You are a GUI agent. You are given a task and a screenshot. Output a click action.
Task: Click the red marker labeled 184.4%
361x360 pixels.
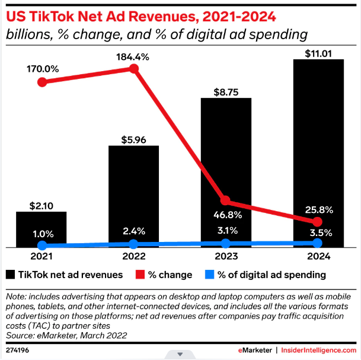[x=134, y=69]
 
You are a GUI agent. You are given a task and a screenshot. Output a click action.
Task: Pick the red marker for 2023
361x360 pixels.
[x=226, y=201]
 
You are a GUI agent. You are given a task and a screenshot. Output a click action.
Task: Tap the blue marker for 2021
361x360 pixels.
[x=42, y=245]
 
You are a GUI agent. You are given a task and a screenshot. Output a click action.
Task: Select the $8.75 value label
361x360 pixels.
[x=226, y=92]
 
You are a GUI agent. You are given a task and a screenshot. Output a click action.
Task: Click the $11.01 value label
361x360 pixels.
[x=318, y=54]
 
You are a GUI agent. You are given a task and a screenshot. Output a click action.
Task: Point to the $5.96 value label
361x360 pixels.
[x=134, y=140]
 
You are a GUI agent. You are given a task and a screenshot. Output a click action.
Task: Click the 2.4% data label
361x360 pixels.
[x=134, y=231]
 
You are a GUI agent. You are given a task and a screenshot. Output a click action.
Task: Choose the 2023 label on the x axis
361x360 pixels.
[x=226, y=257]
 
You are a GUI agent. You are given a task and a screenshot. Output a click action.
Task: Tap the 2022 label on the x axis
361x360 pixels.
[x=134, y=257]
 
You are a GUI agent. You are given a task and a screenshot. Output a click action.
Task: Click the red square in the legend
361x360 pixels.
[x=140, y=275]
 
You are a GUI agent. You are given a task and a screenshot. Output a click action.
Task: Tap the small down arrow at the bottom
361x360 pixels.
[x=180, y=355]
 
